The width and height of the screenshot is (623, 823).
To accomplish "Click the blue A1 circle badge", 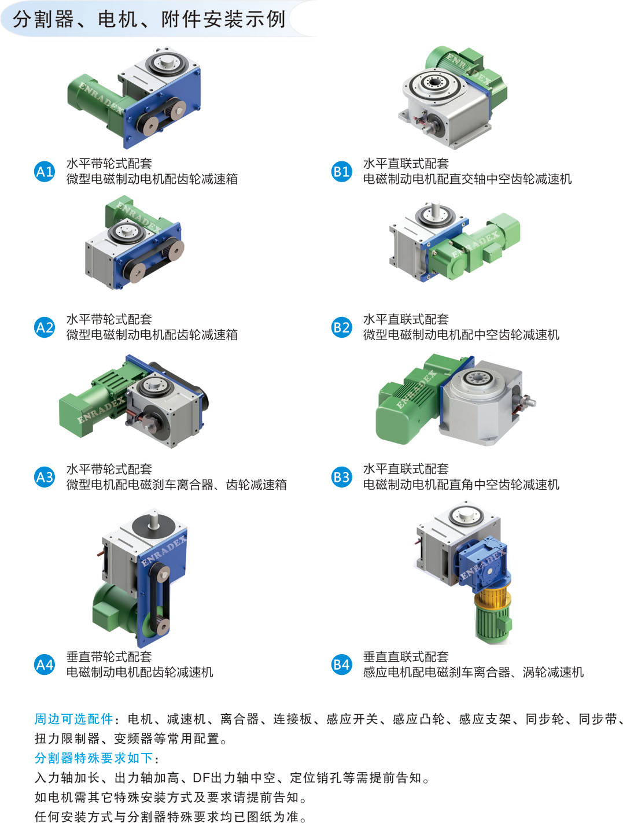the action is [44, 171].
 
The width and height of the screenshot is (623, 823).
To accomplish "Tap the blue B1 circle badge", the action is [341, 171].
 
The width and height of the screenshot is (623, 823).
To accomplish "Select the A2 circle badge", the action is [44, 327].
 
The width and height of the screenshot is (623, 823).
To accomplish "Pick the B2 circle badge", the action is [341, 327].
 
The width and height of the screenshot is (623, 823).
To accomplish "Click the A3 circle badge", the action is [44, 477].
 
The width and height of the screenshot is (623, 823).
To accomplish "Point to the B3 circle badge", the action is [341, 477].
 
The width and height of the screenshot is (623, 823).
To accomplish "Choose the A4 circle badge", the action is [44, 664].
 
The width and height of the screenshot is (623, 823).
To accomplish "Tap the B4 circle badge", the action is [341, 664].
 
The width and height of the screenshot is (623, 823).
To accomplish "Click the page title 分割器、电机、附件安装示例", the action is [149, 19].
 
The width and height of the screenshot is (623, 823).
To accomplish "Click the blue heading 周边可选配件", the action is [73, 719].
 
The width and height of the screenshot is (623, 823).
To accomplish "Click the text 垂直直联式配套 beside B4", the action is [405, 656].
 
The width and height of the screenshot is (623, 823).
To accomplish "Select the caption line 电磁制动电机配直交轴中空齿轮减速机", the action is [467, 179].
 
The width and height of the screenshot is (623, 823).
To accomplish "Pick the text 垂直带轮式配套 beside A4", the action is [109, 656].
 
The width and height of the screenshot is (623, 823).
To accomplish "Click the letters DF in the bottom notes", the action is [201, 778].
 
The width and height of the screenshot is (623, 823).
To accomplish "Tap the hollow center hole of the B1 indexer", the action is [435, 82].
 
